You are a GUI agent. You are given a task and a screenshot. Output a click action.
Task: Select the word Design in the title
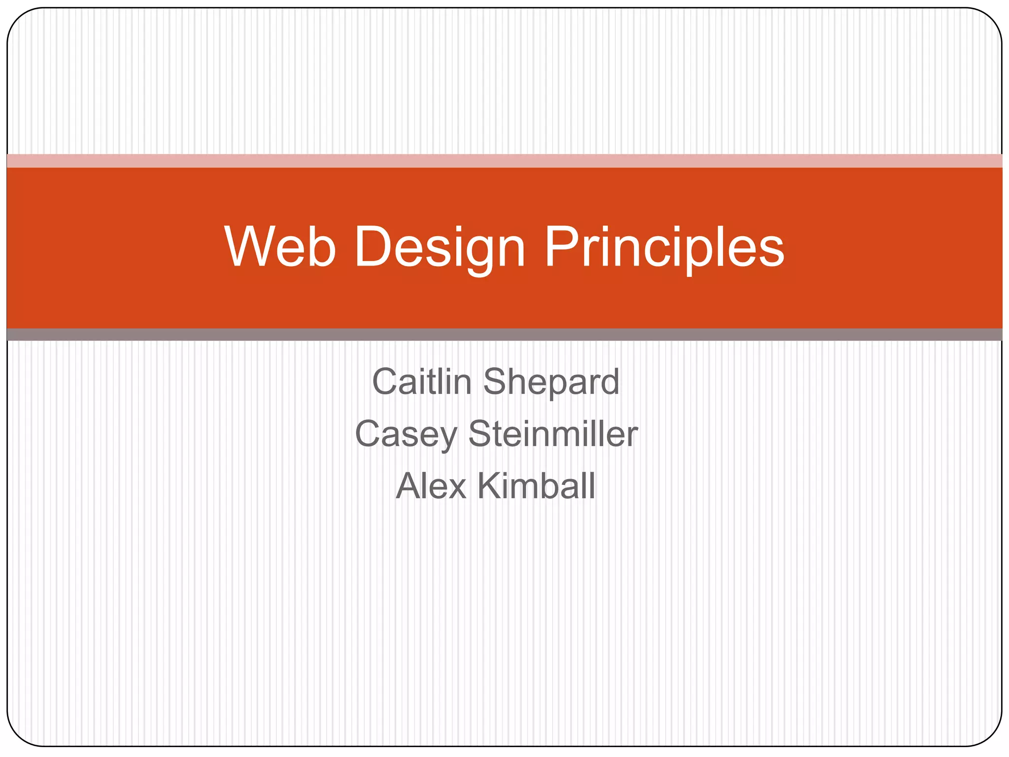click(439, 247)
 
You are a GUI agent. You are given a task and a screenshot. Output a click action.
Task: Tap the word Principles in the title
click(664, 247)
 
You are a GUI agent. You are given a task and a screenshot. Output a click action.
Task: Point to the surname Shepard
click(551, 382)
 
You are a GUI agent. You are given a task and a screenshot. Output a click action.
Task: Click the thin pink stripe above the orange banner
click(504, 161)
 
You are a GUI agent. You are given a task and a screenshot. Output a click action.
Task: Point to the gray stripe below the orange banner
click(504, 335)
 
